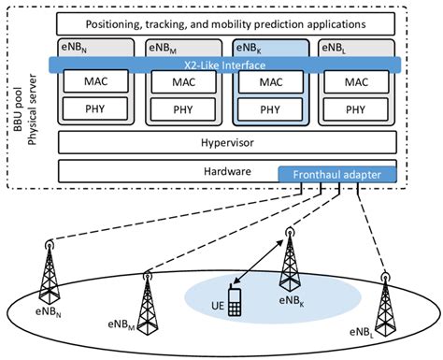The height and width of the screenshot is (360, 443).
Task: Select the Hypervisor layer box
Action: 222,142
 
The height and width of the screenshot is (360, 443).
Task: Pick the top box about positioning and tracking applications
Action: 222,22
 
